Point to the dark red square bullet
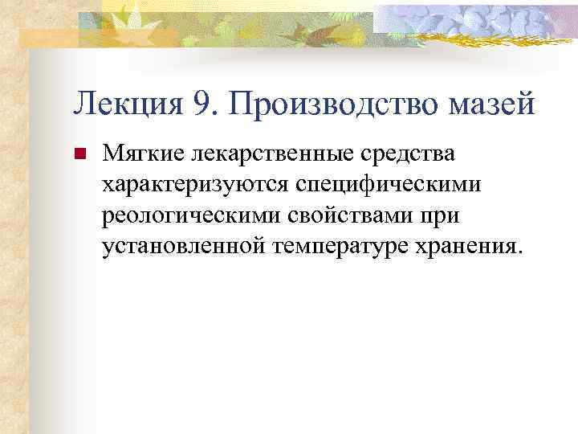click(x=79, y=153)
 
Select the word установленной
click(x=184, y=245)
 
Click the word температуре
click(x=345, y=245)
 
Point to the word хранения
click(x=472, y=245)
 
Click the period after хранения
click(x=518, y=252)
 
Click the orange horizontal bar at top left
click(x=48, y=36)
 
